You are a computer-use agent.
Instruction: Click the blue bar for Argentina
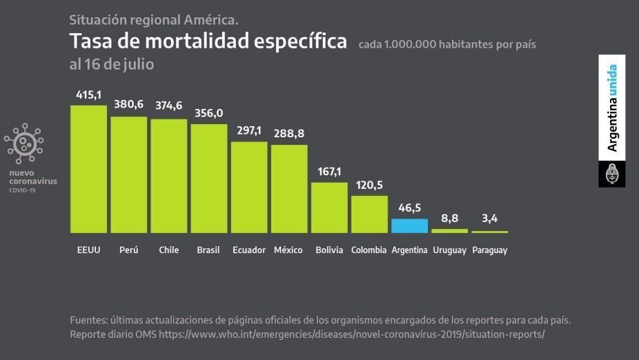[409, 226]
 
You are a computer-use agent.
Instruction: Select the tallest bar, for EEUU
[89, 169]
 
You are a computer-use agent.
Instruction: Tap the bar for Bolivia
[329, 208]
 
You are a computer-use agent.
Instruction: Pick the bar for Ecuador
[249, 187]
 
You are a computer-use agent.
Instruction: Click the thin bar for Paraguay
[490, 232]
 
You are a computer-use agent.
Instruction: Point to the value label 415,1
[89, 94]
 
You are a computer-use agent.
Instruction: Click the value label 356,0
[209, 113]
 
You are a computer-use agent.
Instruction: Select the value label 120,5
[369, 185]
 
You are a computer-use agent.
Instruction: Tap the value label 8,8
[450, 218]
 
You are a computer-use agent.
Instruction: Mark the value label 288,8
[289, 133]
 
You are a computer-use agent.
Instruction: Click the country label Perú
[129, 250]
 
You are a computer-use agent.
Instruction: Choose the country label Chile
[169, 250]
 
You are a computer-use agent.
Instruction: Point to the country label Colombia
[368, 250]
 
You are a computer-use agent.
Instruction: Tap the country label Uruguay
[450, 250]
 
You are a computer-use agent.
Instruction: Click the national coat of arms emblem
[612, 174]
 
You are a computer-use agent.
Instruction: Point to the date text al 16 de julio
[112, 64]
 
